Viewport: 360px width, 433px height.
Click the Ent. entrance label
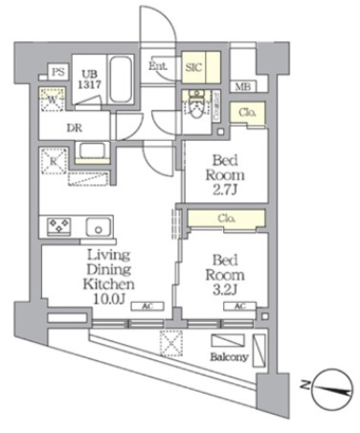pos(159,67)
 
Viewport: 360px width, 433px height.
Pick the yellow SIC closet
pos(191,66)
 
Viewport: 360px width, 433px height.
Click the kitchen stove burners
pos(56,227)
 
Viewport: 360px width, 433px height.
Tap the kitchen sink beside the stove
pos(96,227)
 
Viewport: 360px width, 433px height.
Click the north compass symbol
pos(325,389)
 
